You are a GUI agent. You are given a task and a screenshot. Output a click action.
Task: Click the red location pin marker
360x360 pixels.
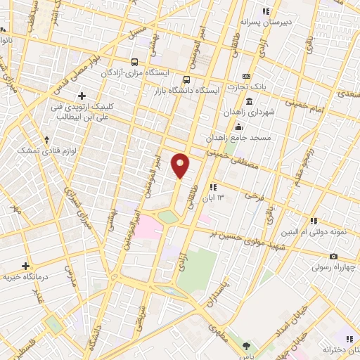[181, 165]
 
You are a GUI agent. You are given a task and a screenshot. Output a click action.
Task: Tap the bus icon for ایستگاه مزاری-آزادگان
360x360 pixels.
[134, 61]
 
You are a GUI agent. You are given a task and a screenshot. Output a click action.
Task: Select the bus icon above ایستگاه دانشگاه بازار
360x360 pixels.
[186, 79]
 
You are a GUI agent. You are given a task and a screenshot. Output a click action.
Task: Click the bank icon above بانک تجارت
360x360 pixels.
[246, 76]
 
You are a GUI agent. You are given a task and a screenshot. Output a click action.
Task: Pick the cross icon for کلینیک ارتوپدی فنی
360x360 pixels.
[82, 96]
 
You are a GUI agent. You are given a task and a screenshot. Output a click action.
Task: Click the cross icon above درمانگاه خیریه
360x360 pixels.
[26, 266]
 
